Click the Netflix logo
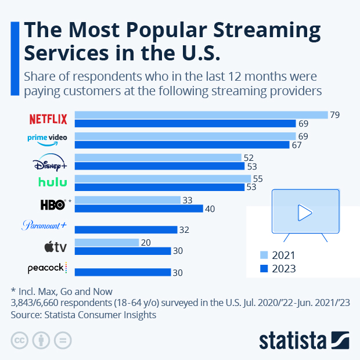48,119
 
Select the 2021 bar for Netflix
201,114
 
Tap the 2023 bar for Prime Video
182,145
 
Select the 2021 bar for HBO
128,200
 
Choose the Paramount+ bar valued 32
126,230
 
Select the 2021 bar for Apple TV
107,242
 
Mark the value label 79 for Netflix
334,114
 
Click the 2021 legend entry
278,255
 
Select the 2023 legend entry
278,268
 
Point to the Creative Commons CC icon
20,340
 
